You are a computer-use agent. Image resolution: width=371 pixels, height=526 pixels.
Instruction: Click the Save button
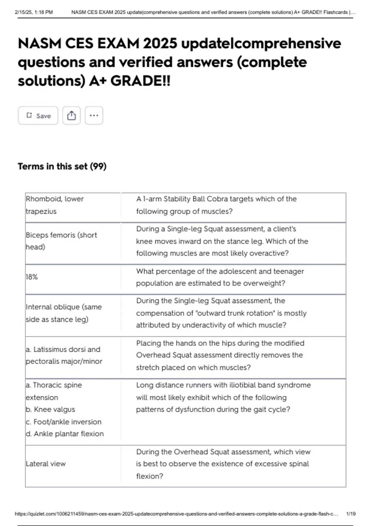[38, 116]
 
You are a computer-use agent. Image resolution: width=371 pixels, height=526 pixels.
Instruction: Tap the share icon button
[71, 116]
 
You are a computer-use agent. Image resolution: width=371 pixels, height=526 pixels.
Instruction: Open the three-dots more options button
[94, 116]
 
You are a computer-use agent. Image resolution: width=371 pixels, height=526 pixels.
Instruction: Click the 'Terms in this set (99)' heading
[62, 166]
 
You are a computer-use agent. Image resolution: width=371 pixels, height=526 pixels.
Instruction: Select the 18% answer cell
[32, 277]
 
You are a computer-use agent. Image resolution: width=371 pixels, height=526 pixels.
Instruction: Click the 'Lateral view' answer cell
[46, 464]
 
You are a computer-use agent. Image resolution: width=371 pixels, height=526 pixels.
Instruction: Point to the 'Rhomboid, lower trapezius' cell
[55, 205]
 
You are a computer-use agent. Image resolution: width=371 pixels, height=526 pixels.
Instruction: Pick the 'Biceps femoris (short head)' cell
[61, 241]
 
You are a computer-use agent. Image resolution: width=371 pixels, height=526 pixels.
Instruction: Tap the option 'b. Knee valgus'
[50, 409]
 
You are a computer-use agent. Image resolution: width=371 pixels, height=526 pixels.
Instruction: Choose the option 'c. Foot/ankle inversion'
[64, 422]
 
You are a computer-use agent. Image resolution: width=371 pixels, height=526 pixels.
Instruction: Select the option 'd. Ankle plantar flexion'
[65, 434]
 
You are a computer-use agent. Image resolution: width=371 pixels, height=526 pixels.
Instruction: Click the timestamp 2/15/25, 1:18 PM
[34, 12]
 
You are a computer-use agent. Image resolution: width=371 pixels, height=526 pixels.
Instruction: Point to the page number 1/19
[351, 514]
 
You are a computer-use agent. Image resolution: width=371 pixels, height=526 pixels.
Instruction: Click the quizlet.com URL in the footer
[176, 514]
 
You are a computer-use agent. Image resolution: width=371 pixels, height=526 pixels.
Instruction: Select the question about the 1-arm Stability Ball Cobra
[216, 205]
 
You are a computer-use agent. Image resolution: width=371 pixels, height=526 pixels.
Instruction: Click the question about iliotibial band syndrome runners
[223, 397]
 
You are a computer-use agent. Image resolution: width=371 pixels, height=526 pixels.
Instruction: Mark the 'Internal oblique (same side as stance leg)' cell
[64, 313]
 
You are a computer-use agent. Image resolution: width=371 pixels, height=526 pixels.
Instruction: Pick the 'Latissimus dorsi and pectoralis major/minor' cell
[64, 355]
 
